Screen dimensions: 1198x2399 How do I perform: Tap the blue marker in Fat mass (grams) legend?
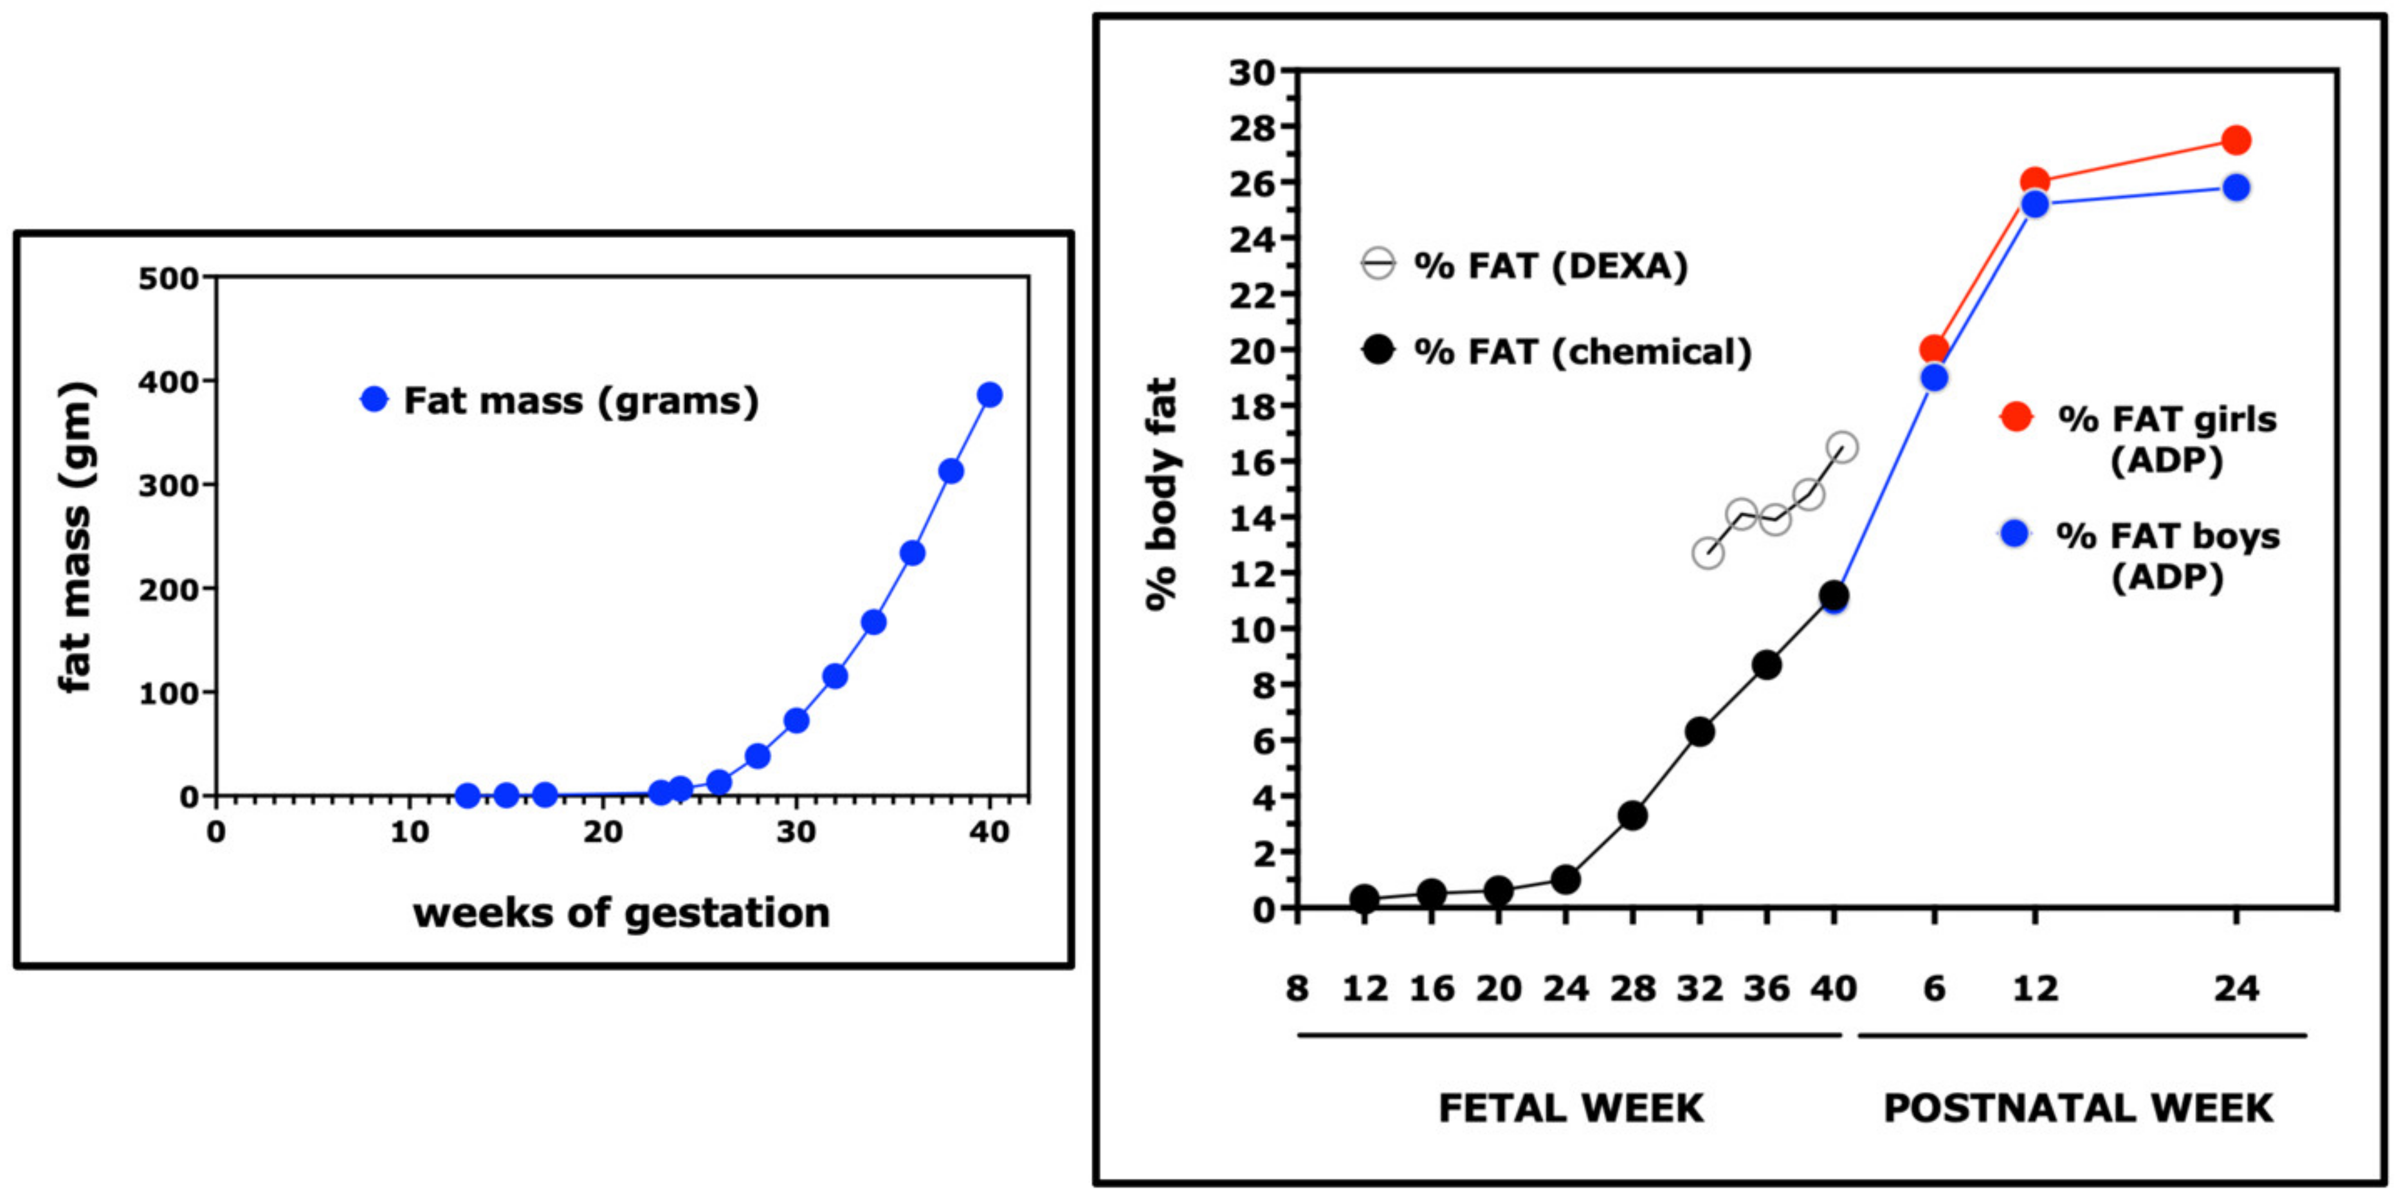[374, 400]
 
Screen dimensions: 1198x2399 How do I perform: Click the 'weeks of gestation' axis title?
[621, 913]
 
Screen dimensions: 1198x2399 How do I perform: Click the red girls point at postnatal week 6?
[1934, 349]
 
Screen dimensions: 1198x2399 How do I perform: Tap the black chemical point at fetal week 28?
[1632, 816]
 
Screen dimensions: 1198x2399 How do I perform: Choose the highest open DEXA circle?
[1841, 447]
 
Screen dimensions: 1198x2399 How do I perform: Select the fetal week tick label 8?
[1297, 988]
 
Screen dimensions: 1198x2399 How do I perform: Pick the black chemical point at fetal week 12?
[1364, 899]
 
